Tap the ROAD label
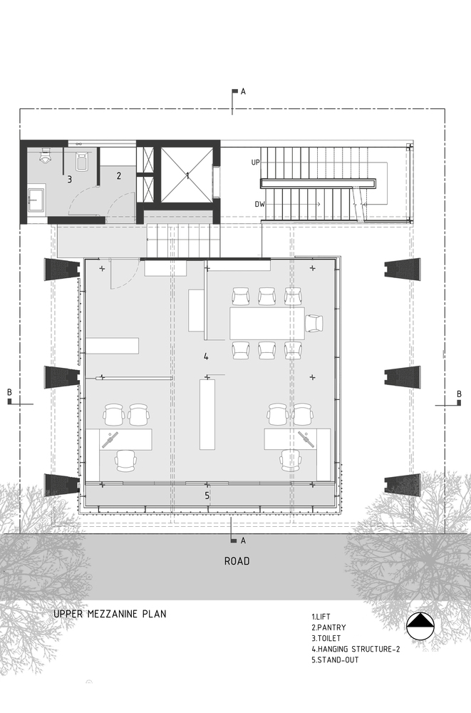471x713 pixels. [x=237, y=561]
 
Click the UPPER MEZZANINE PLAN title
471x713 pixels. [x=110, y=613]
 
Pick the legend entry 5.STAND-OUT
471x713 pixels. [x=335, y=660]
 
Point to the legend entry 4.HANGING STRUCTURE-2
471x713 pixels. [x=353, y=650]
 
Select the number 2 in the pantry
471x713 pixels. [x=119, y=175]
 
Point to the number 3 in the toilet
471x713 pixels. [x=70, y=180]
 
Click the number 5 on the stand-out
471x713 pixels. [x=207, y=495]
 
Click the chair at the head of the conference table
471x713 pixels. [x=314, y=324]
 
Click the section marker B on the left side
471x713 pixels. [x=10, y=394]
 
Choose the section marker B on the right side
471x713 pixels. [x=459, y=394]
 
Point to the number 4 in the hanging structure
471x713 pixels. [x=206, y=356]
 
